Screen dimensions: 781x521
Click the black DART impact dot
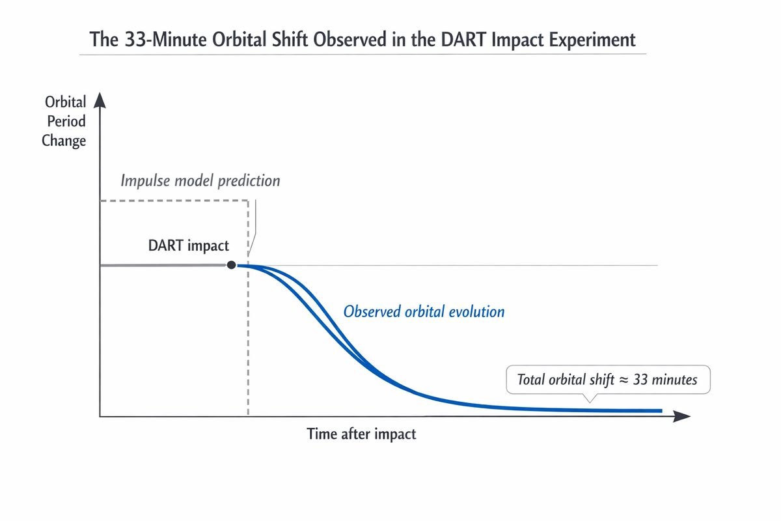(231, 265)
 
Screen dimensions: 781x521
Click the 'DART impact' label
(188, 246)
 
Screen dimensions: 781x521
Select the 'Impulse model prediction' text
(200, 181)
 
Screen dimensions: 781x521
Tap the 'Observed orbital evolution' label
(424, 311)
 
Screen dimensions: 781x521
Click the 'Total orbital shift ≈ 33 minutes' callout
(608, 380)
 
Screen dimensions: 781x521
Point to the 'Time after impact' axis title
(361, 434)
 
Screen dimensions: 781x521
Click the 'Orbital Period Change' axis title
(64, 121)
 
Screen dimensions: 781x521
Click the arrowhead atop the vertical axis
(100, 100)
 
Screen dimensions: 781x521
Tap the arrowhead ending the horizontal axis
(681, 416)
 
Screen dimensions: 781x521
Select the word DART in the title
(463, 39)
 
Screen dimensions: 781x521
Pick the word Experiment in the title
(592, 40)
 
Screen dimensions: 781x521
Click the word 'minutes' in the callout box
(674, 380)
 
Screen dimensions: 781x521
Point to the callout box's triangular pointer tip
(590, 402)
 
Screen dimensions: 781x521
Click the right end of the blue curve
(661, 411)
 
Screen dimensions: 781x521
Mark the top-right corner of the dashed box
(248, 201)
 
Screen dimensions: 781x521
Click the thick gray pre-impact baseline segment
(163, 266)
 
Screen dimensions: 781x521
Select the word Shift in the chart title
(290, 39)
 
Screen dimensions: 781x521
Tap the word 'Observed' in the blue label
(372, 311)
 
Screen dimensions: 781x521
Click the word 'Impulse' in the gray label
(145, 181)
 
